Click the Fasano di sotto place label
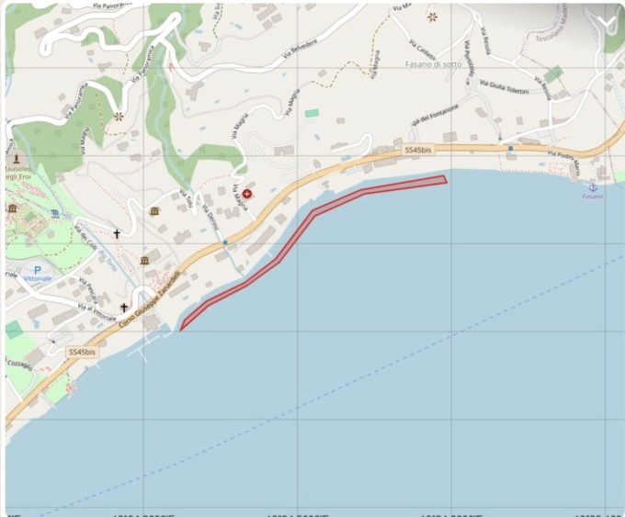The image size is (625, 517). (434, 64)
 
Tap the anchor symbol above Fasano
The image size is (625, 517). (593, 185)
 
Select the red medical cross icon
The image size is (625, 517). (246, 194)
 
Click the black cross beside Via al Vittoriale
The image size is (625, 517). (123, 308)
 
